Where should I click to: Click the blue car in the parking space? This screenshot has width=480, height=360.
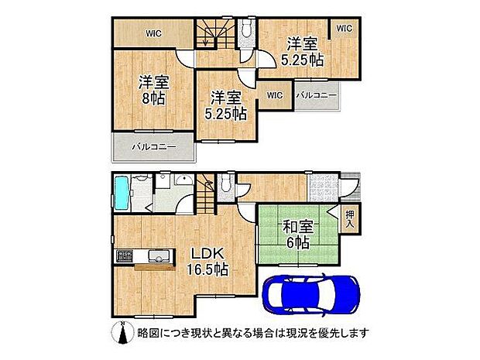coord(310,295)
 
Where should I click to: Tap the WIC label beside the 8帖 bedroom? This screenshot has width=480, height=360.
coord(153,33)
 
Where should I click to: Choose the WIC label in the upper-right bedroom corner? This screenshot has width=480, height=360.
coord(343,29)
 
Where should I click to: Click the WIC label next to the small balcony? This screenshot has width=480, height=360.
coord(274,95)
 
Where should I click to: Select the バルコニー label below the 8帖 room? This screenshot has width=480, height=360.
coord(153,146)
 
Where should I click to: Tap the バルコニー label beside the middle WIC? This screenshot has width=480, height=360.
coord(315,95)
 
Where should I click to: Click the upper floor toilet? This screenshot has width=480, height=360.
coord(246,29)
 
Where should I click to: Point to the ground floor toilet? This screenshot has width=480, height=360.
coord(224,185)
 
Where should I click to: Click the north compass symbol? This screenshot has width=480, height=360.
coord(120,332)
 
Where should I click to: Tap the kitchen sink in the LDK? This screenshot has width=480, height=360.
coord(153,255)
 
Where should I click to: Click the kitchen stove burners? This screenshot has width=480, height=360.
coord(125,255)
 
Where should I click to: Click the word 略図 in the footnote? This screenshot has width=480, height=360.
coord(148,333)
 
